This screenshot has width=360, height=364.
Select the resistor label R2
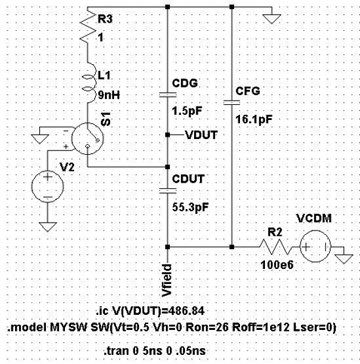(x=270, y=232)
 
